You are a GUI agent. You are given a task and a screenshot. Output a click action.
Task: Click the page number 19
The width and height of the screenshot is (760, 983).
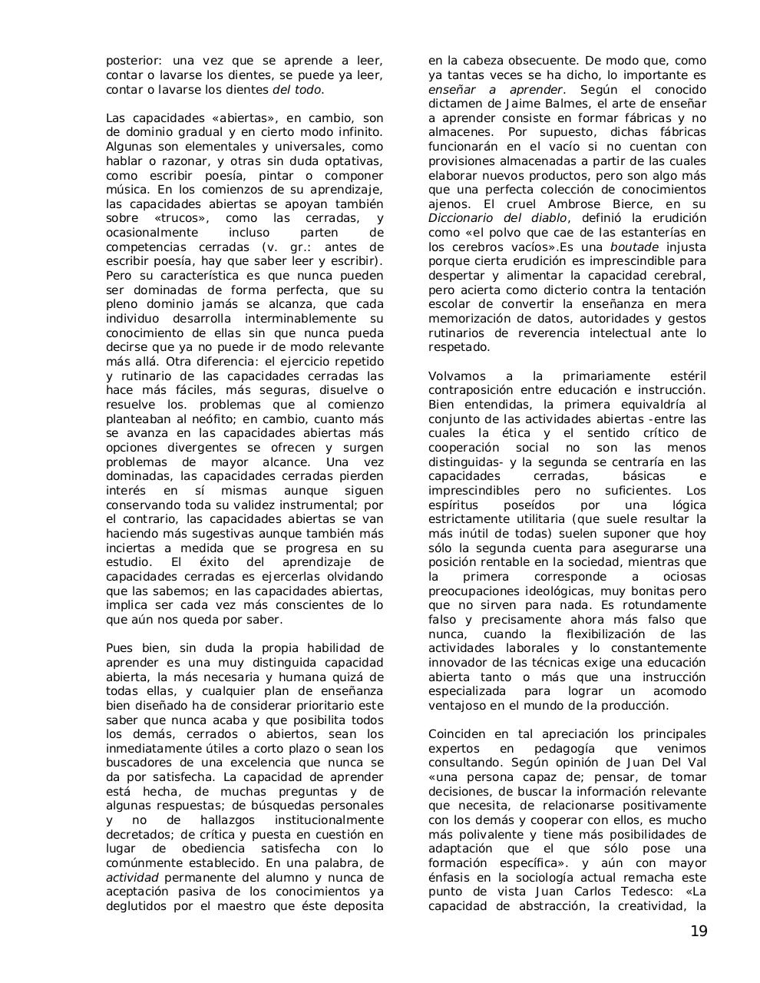[x=698, y=932]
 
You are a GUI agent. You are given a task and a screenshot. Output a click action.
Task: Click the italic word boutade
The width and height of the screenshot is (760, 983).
[x=634, y=247]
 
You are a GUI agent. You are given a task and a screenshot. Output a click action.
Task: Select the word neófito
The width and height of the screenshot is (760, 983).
[x=203, y=419]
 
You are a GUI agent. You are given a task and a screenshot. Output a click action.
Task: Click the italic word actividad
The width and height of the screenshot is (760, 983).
[x=132, y=877]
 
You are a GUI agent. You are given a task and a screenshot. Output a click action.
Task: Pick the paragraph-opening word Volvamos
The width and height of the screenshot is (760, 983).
[x=458, y=376]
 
